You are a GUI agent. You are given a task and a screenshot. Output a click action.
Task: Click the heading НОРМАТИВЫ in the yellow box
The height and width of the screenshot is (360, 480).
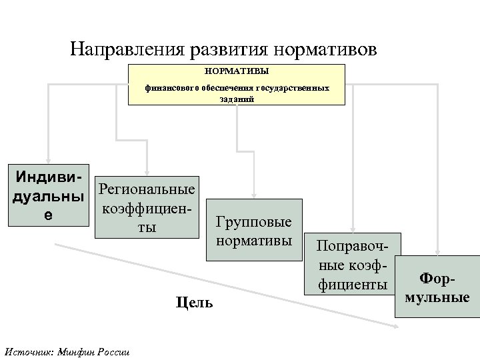[x=237, y=69]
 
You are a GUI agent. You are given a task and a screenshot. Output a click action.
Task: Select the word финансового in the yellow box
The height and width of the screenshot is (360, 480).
[x=173, y=88]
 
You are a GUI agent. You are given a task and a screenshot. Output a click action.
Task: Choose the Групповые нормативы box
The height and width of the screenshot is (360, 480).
[x=254, y=231]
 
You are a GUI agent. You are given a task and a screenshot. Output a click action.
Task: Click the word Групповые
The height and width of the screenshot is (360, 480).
[x=254, y=222]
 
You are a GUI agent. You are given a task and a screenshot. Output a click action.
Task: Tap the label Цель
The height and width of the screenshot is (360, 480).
[x=195, y=303]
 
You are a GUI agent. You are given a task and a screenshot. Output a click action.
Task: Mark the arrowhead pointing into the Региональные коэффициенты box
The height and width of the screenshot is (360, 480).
[x=147, y=169]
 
